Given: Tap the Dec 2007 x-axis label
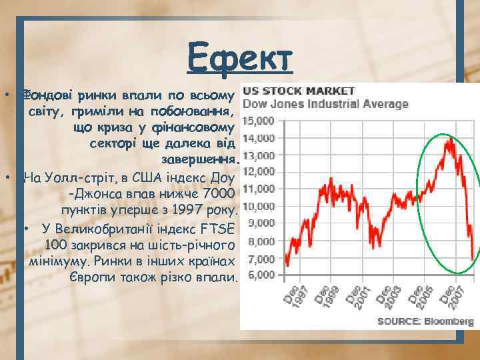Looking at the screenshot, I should pos(455,297).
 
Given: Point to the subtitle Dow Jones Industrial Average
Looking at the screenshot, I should pos(325,104).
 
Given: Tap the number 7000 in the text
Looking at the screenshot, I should pos(217,194).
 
